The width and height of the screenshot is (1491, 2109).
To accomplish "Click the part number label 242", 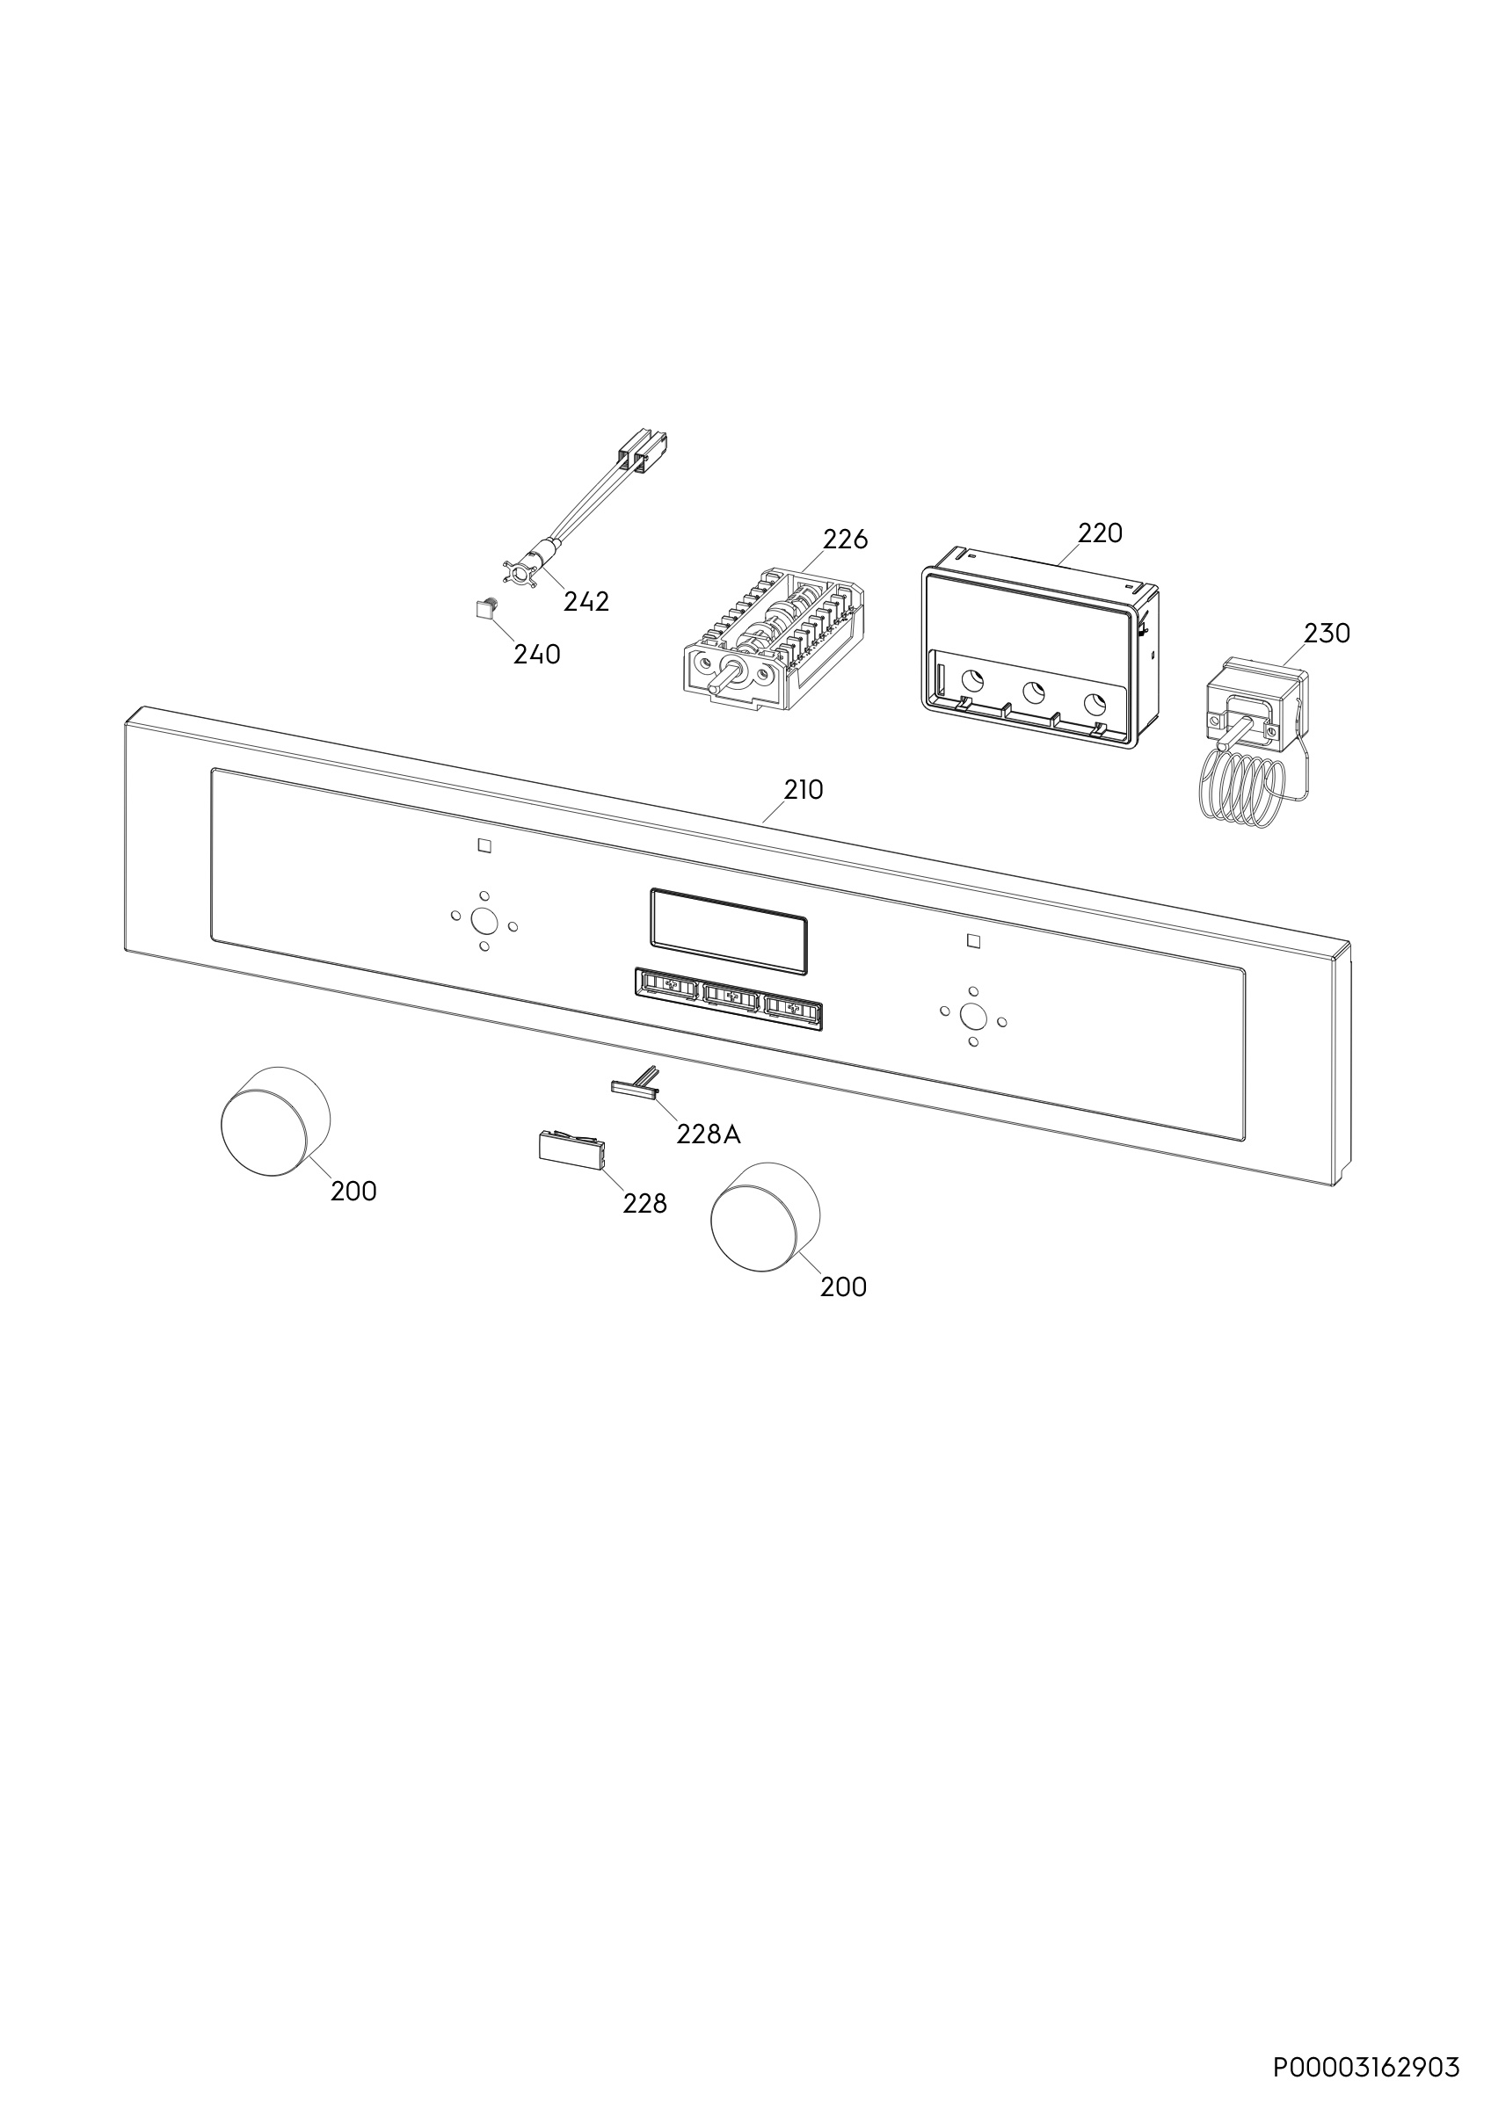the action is click(586, 602).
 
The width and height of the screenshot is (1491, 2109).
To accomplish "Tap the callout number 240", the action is click(536, 655).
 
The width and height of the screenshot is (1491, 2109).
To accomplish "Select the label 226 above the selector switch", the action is click(845, 540).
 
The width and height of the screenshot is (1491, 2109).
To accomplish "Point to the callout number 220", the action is click(1100, 533).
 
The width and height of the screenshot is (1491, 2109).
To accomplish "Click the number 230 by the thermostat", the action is click(1327, 633).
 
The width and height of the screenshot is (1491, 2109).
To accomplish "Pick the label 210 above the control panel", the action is click(804, 790).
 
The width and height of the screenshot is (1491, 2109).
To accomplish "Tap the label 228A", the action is click(709, 1135).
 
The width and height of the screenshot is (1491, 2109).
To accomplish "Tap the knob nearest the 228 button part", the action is click(764, 1218).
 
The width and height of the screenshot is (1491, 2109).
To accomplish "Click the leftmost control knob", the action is click(274, 1120).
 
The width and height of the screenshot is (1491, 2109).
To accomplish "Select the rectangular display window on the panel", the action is click(730, 931).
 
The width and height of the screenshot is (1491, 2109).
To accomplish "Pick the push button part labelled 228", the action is click(571, 1151).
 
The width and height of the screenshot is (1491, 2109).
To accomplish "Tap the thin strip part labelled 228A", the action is click(636, 1083).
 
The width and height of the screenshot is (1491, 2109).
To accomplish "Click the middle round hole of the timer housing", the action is click(1034, 692).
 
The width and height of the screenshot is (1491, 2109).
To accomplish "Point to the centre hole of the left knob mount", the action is click(482, 919).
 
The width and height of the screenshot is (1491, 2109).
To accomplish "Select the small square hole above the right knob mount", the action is click(974, 940).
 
